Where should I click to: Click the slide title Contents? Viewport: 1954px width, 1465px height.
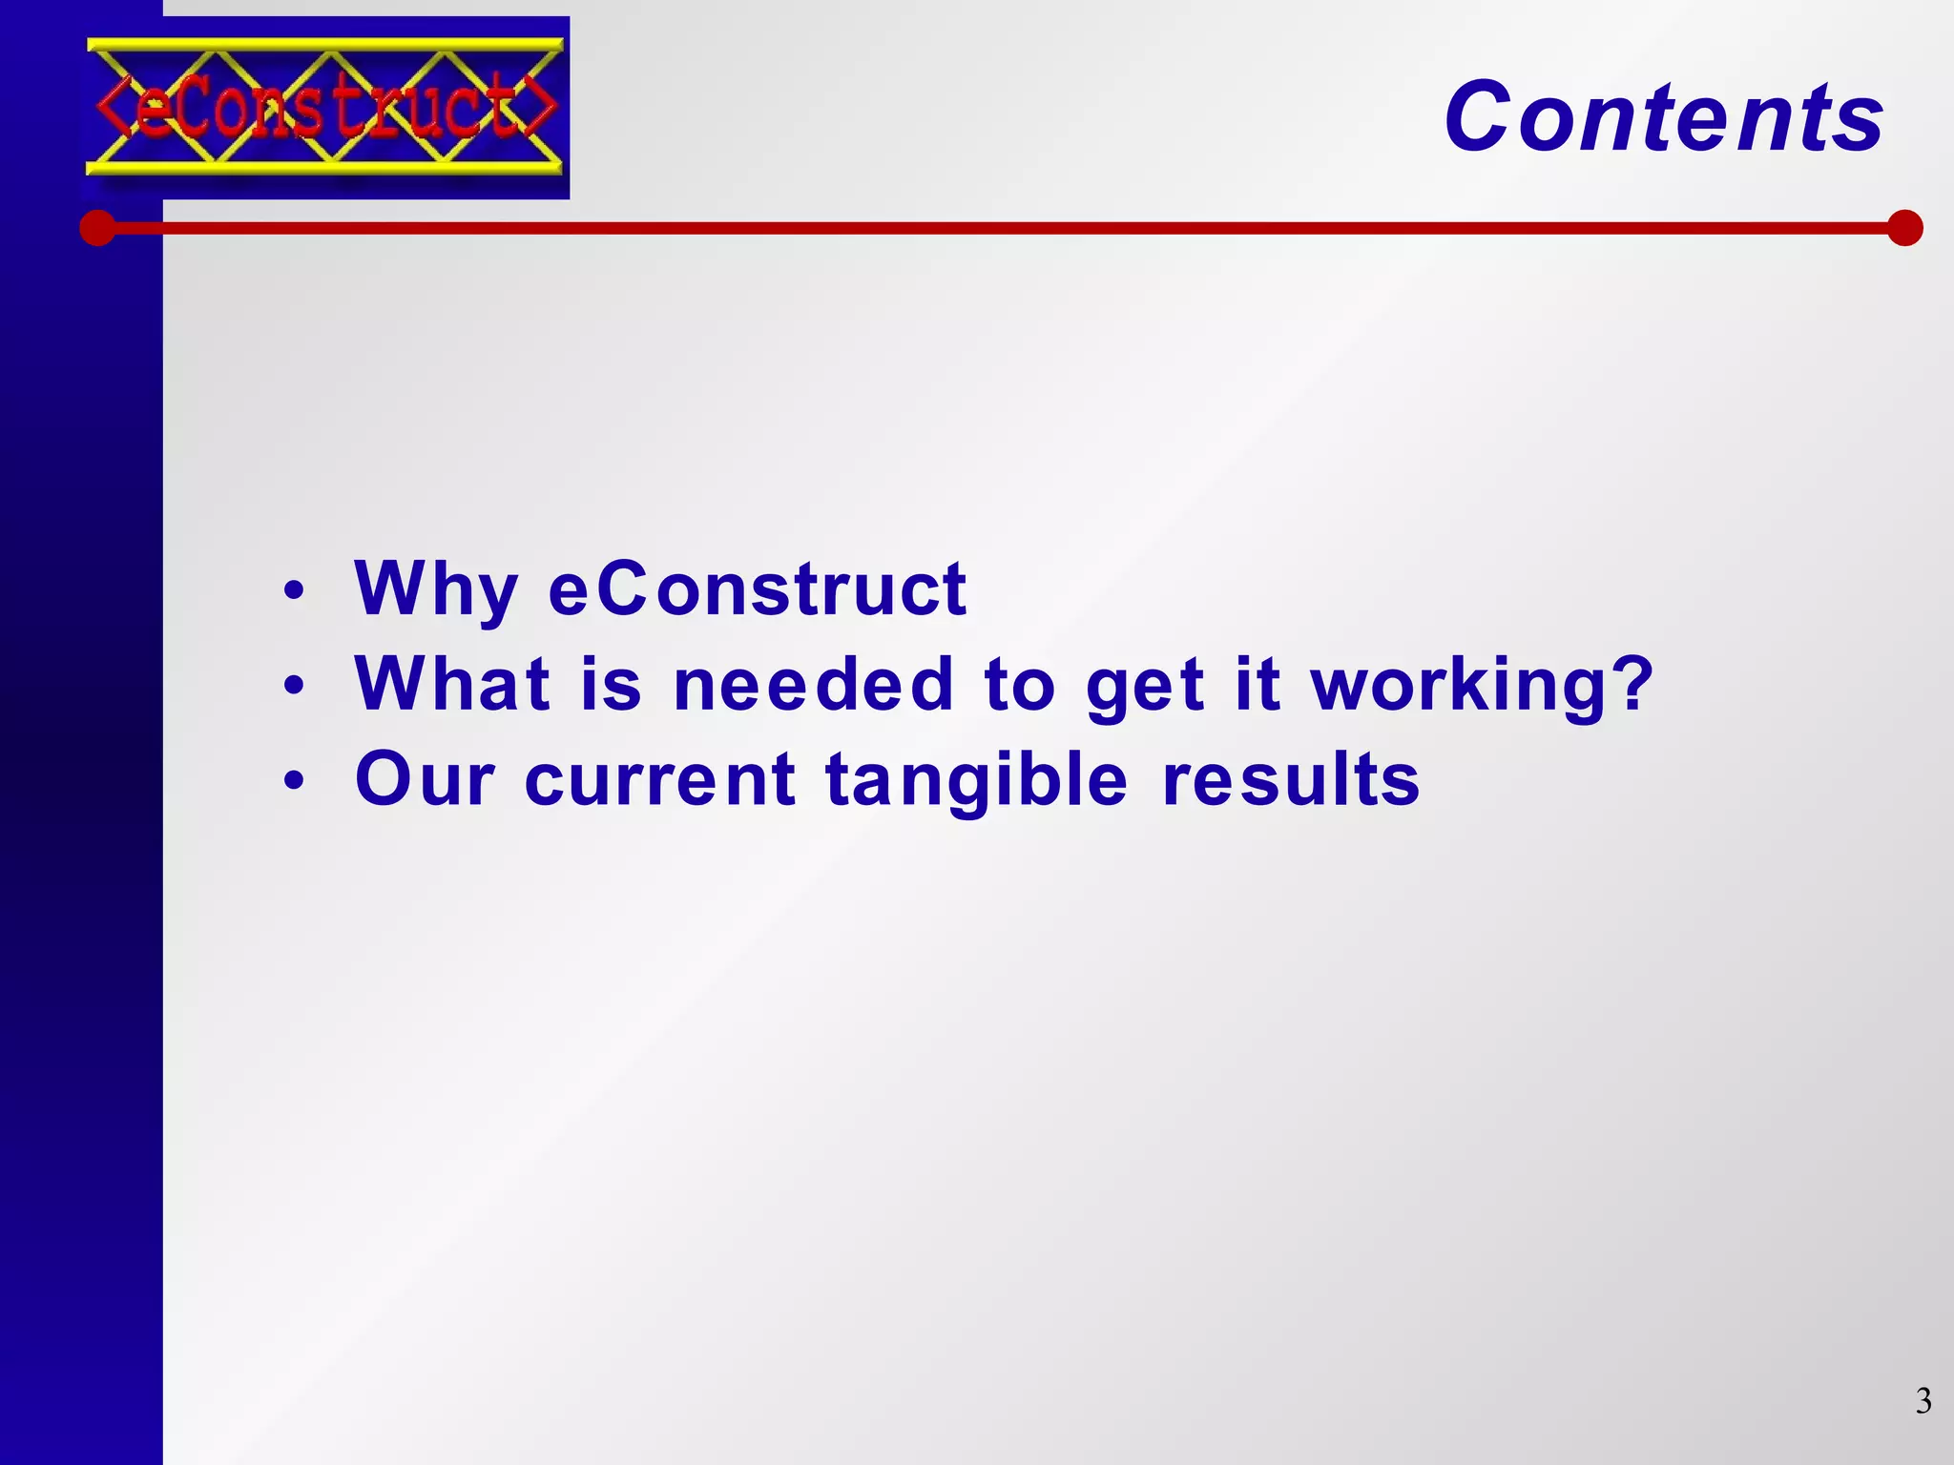click(x=1663, y=117)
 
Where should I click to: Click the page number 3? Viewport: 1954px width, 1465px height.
click(x=1923, y=1401)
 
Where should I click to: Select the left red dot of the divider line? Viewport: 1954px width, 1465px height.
click(x=97, y=228)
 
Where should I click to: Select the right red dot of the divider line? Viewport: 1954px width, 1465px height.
click(x=1904, y=228)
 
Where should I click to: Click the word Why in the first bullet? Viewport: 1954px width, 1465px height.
click(x=436, y=589)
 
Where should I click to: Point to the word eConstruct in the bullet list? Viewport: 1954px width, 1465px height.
click(x=758, y=589)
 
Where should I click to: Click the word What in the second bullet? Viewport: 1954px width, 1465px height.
click(x=452, y=684)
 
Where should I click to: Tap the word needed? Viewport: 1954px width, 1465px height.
click(x=813, y=684)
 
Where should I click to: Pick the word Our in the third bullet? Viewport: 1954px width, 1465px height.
click(x=426, y=779)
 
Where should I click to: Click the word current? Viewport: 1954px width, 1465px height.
click(x=660, y=779)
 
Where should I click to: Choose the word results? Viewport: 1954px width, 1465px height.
click(x=1291, y=779)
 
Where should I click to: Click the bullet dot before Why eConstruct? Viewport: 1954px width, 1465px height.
click(x=294, y=591)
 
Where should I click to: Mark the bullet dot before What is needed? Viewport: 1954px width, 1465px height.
click(x=294, y=685)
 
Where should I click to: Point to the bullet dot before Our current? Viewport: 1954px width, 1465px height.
click(x=294, y=780)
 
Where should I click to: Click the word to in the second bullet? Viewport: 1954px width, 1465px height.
click(x=1020, y=684)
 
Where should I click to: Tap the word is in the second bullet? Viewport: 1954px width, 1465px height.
click(x=611, y=684)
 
